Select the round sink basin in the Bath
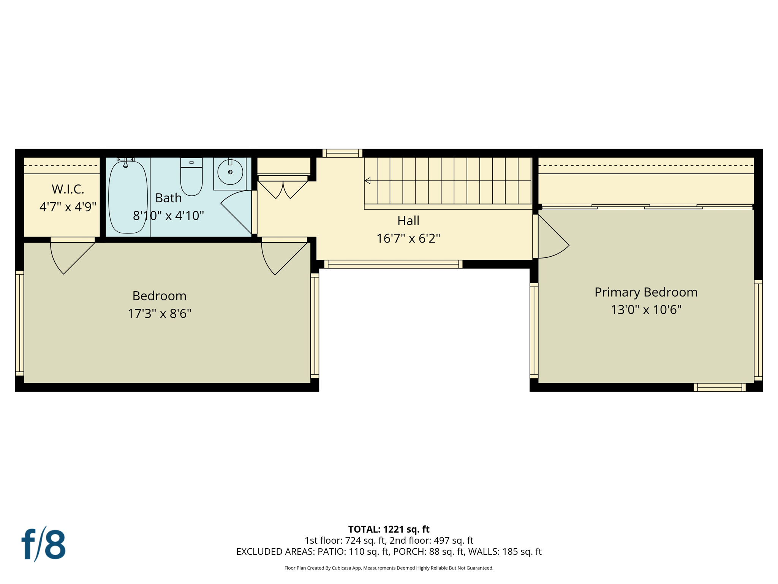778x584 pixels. click(230, 172)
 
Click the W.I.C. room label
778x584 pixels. click(68, 189)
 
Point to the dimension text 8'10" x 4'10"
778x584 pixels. click(168, 216)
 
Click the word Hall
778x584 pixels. click(408, 221)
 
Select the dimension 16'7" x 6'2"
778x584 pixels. click(408, 238)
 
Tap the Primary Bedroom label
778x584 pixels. click(646, 292)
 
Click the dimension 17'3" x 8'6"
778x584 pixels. click(159, 314)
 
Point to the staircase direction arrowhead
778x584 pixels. click(367, 181)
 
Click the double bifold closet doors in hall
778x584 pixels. click(283, 189)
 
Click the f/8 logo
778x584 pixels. click(43, 544)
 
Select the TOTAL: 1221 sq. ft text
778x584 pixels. click(389, 529)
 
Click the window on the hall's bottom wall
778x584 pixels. click(393, 264)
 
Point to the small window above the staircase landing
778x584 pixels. click(342, 153)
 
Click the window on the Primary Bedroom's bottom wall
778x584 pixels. click(719, 387)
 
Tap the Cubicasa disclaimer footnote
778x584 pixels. click(389, 568)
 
